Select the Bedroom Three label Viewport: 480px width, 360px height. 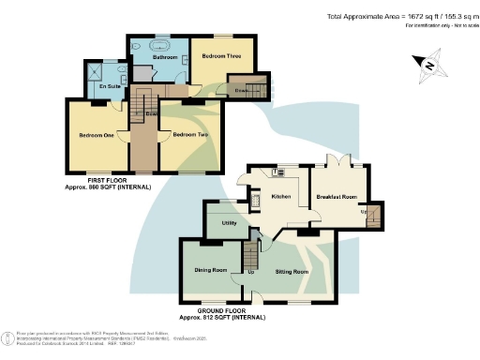[220, 56]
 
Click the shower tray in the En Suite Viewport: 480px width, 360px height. [97, 70]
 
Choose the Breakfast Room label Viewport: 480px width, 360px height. [338, 197]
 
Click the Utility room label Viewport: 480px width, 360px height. [228, 223]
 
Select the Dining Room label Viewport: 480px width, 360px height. [211, 271]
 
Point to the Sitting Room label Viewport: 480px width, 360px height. [291, 272]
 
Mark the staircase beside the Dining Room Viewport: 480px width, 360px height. [250, 254]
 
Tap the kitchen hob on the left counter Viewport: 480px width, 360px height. [255, 200]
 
